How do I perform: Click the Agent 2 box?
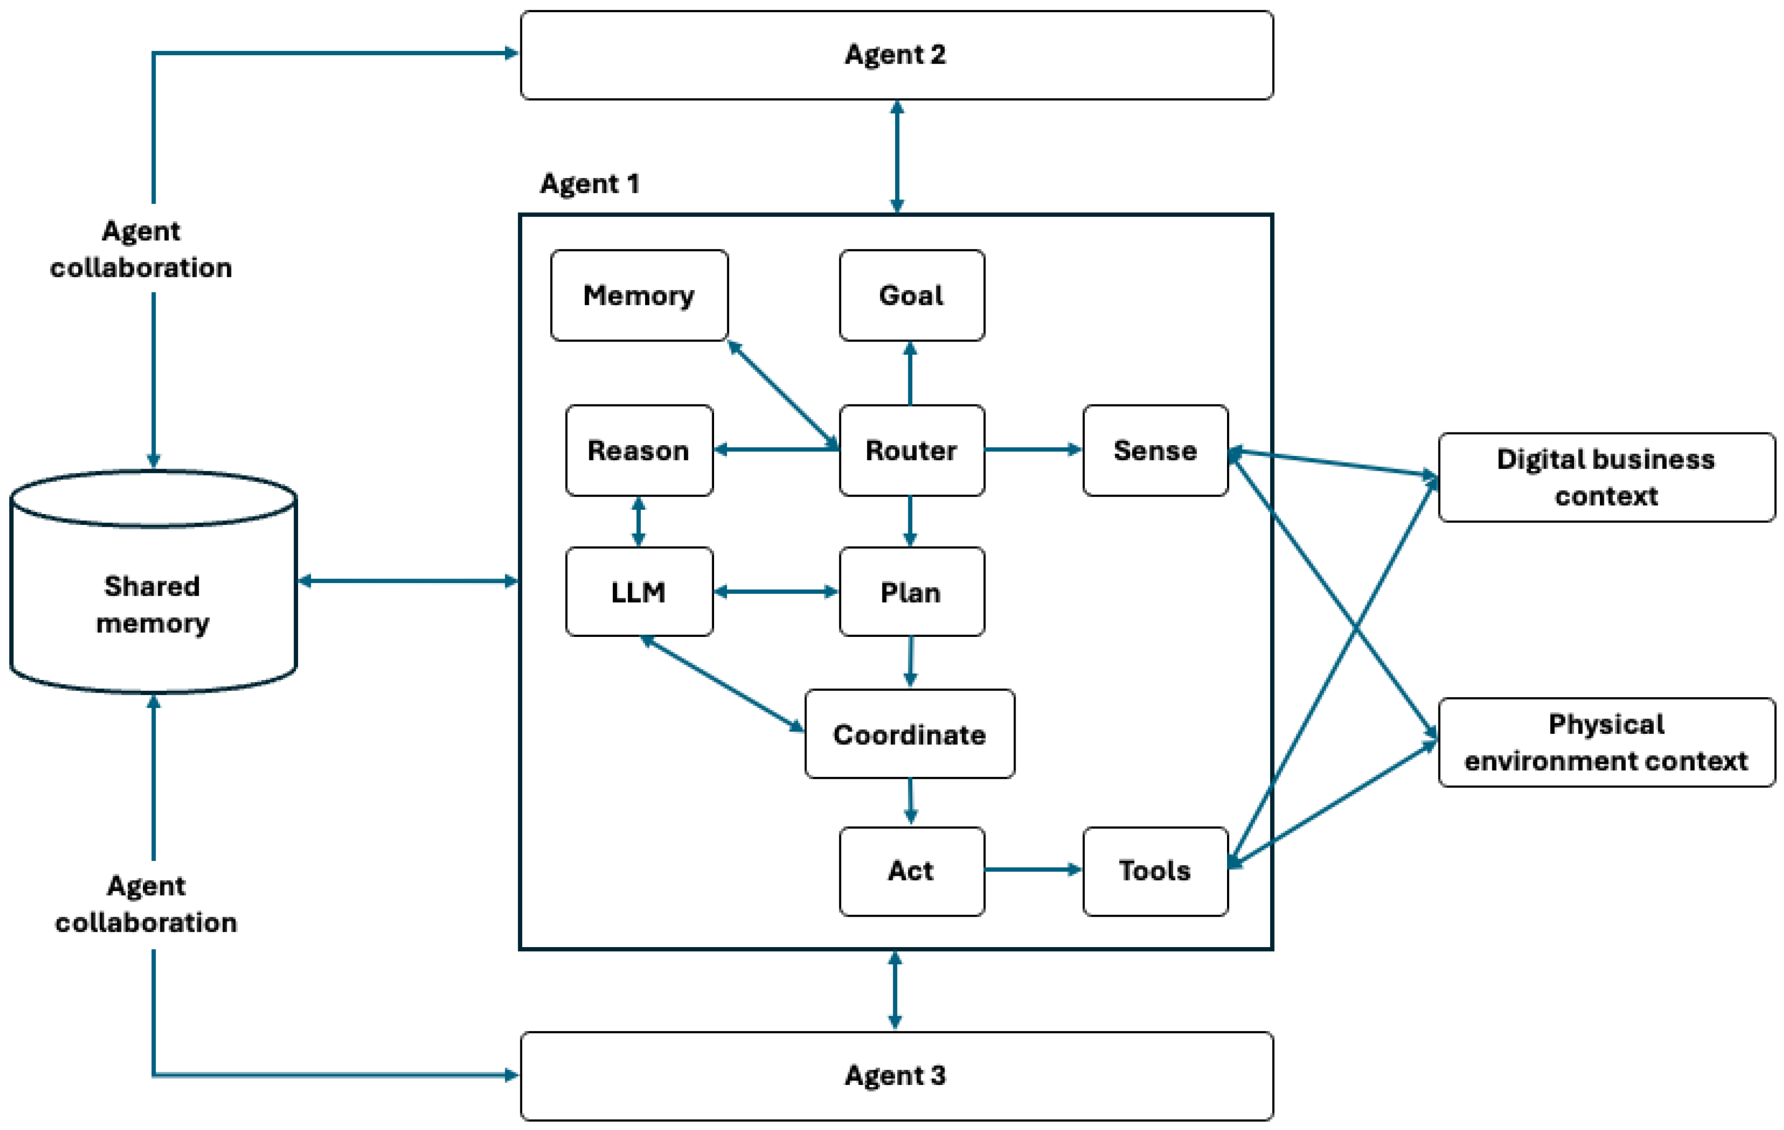coord(897,55)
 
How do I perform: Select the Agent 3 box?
coord(897,1075)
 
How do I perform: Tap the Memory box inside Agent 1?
coord(639,295)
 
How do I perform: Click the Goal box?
coord(911,295)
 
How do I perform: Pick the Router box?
coord(911,450)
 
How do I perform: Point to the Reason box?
coord(639,450)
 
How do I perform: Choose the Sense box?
coord(1155,450)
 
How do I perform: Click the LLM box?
coord(639,591)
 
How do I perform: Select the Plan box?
coord(911,591)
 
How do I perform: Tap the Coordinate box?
coord(910,734)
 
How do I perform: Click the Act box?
coord(911,871)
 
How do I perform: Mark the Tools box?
coord(1155,871)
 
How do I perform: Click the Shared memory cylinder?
coord(153,592)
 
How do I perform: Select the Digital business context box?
coord(1606,477)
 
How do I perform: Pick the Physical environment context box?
coord(1606,742)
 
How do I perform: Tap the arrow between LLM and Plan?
coord(776,591)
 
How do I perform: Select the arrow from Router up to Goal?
coord(910,373)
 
